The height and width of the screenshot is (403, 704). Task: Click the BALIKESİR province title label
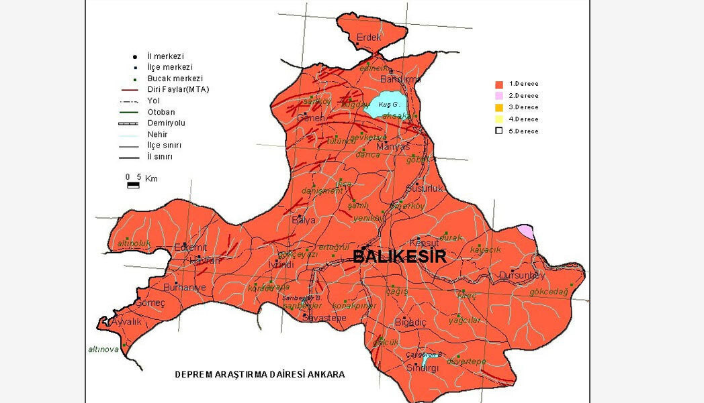pyautogui.click(x=399, y=256)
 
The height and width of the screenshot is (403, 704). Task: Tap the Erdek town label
pyautogui.click(x=369, y=38)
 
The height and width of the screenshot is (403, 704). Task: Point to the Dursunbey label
pyautogui.click(x=522, y=276)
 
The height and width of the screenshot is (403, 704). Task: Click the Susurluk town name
pyautogui.click(x=425, y=188)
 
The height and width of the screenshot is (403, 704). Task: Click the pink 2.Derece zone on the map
pyautogui.click(x=527, y=232)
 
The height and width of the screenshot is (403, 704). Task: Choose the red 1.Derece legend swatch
pyautogui.click(x=499, y=84)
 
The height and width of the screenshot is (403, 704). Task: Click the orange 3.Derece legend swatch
pyautogui.click(x=499, y=107)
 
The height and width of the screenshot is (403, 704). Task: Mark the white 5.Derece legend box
pyautogui.click(x=499, y=131)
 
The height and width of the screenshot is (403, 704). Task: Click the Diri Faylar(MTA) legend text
pyautogui.click(x=178, y=89)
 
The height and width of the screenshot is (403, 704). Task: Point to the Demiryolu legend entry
pyautogui.click(x=166, y=123)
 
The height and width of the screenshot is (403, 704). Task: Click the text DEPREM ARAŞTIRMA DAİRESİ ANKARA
pyautogui.click(x=259, y=374)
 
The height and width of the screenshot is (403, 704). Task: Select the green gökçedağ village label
pyautogui.click(x=549, y=292)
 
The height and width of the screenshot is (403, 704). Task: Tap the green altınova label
pyautogui.click(x=103, y=349)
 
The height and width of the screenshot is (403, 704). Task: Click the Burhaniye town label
pyautogui.click(x=185, y=287)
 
